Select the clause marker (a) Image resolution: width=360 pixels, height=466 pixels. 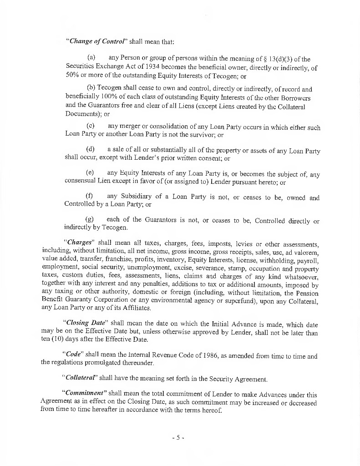[91, 59]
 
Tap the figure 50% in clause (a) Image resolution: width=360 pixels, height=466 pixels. [72, 76]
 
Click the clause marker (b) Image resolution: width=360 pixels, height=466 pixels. [91, 89]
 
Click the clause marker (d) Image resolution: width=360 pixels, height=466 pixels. [91, 149]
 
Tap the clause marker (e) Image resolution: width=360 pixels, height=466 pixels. [91, 173]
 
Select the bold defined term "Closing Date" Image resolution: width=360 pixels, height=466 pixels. [86, 324]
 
